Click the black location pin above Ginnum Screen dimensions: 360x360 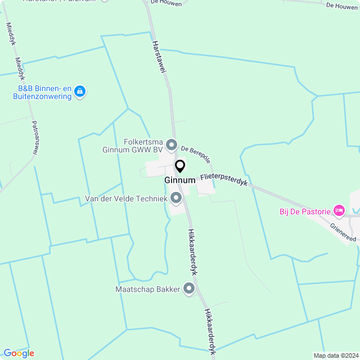pos(180,166)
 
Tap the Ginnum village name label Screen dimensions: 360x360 pos(180,180)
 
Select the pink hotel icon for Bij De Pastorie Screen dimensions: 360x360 pos(339,211)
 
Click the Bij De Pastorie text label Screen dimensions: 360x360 pos(305,211)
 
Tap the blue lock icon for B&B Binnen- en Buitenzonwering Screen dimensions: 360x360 pos(80,91)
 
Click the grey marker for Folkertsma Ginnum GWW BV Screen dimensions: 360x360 pos(172,146)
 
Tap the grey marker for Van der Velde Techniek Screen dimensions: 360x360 pos(176,197)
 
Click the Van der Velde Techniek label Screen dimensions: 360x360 pos(126,199)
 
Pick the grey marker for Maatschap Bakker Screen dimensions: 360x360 pos(189,289)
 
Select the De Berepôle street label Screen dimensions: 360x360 pos(195,152)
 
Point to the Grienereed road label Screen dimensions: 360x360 pos(343,232)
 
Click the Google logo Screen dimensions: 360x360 pos(19,353)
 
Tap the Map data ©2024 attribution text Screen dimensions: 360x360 pos(336,355)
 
